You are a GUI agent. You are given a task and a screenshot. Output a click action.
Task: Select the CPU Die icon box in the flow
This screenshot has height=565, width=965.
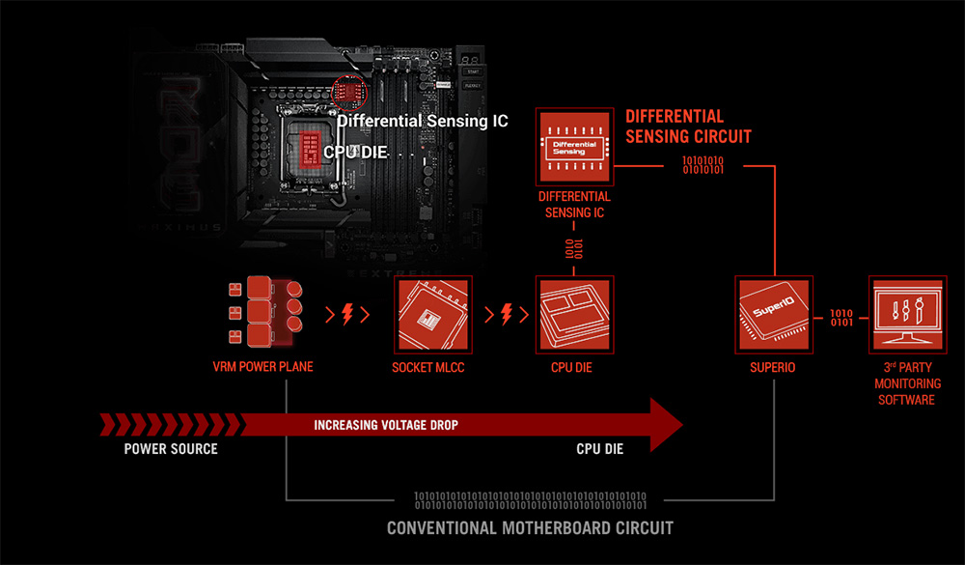click(574, 314)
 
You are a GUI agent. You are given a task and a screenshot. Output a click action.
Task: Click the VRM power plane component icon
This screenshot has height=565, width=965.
click(263, 311)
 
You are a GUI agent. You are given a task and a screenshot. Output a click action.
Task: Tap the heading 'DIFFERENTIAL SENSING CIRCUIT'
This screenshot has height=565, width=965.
click(688, 127)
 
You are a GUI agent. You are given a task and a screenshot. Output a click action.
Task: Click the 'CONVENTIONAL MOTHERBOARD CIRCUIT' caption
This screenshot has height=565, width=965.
click(530, 528)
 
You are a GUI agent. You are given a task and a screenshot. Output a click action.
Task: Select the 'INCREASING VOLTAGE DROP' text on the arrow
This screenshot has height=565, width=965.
click(386, 425)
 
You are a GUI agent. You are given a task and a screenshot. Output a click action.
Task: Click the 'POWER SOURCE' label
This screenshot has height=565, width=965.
click(171, 449)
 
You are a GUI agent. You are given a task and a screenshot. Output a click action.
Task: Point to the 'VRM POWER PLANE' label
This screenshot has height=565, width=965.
click(263, 368)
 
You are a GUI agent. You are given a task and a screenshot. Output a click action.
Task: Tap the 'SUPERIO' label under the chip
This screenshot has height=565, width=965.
click(773, 368)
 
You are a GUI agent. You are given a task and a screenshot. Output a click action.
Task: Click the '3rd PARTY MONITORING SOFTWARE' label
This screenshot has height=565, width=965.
click(906, 383)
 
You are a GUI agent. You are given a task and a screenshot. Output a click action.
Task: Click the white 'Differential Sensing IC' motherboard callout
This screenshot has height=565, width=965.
click(423, 122)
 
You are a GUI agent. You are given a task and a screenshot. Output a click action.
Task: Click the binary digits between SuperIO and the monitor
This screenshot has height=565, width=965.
click(841, 318)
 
